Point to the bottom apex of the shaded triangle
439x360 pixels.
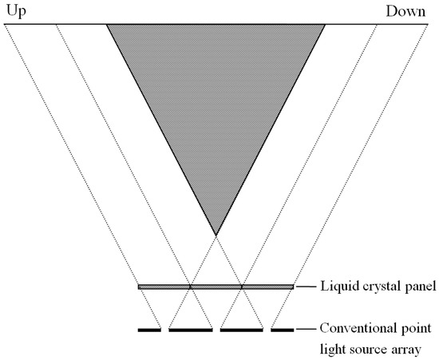pos(216,235)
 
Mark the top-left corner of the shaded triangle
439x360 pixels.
pos(107,25)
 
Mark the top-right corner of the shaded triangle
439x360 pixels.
pos(325,25)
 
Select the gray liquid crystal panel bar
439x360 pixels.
pos(216,286)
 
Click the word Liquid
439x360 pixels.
pos(338,287)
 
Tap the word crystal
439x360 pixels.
pos(380,287)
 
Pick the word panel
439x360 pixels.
pos(419,287)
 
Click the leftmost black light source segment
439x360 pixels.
pos(149,329)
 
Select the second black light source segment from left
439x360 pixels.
pos(191,329)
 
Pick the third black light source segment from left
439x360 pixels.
pos(242,329)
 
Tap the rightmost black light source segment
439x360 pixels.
pos(283,329)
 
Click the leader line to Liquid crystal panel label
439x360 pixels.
pos(306,286)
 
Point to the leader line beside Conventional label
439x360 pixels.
pos(306,329)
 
